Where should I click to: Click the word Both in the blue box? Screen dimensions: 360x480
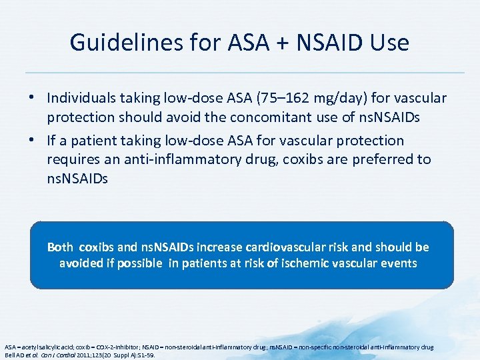[60, 247]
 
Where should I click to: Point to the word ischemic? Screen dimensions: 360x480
[297, 263]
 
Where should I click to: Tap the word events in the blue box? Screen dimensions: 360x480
[399, 263]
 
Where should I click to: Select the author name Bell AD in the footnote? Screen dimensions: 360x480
[15, 355]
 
